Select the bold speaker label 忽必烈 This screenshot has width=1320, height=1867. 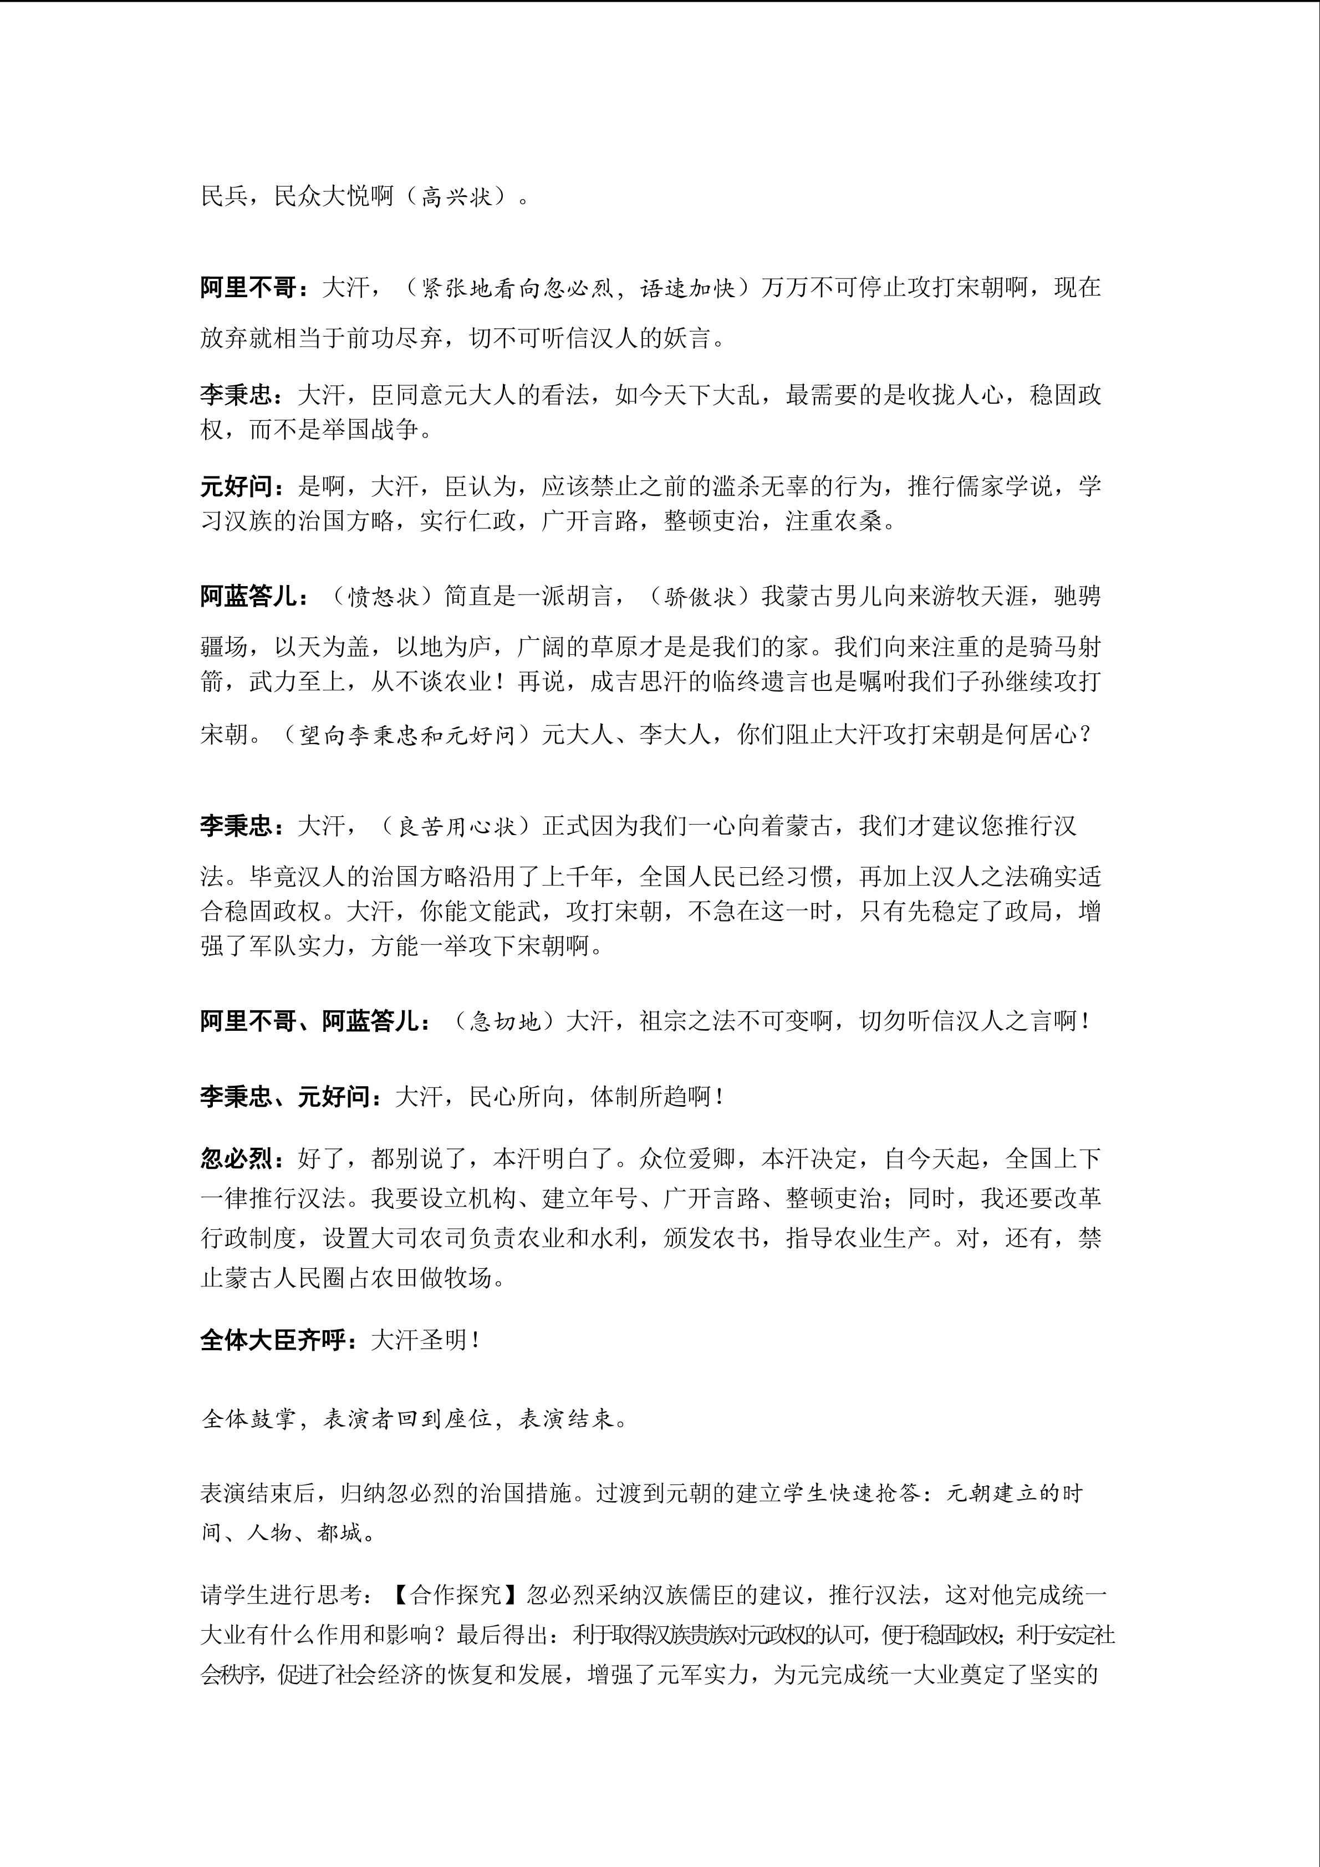(236, 1158)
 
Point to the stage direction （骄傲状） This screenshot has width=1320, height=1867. (700, 597)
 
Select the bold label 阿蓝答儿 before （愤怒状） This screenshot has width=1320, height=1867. (249, 597)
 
